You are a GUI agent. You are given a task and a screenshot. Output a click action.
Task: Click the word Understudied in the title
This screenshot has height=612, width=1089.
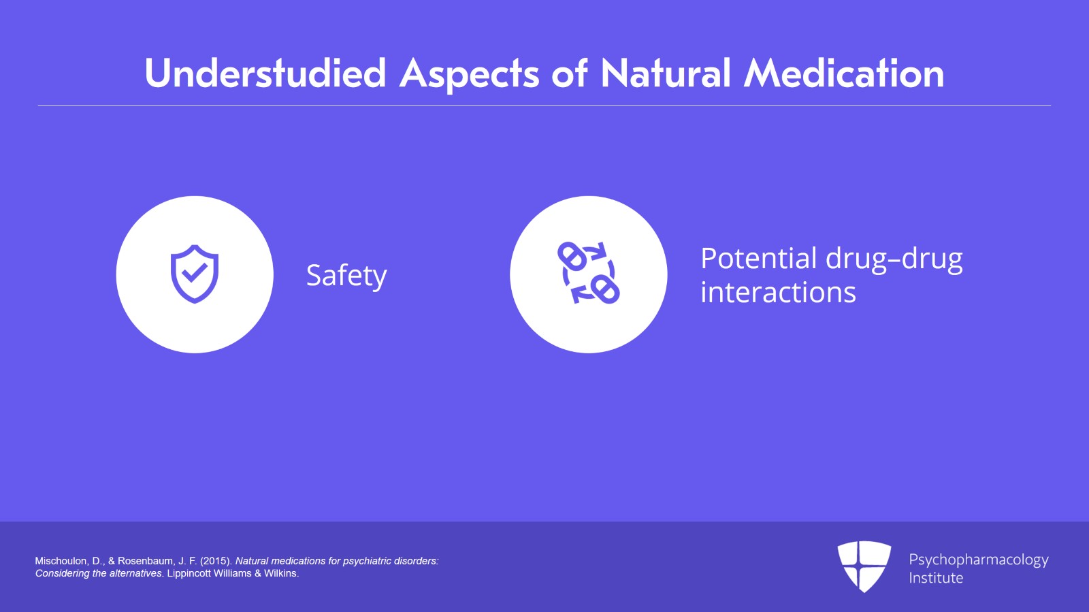265,74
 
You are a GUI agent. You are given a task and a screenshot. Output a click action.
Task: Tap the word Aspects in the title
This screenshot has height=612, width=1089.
469,75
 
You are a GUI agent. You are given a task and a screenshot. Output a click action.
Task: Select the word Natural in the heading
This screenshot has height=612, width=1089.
666,74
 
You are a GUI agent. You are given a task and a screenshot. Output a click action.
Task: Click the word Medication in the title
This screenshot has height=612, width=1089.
844,74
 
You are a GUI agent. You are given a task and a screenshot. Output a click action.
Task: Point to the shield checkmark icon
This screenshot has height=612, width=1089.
195,274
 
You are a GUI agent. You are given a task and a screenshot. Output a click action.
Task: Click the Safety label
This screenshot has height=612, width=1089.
346,276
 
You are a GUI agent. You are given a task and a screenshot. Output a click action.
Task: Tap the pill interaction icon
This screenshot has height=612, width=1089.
588,273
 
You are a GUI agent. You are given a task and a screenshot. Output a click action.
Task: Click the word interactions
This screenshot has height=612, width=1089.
778,293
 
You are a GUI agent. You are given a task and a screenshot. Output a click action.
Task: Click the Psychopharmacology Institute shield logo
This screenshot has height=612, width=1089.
864,566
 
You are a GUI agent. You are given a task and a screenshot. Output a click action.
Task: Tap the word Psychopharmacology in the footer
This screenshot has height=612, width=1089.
979,560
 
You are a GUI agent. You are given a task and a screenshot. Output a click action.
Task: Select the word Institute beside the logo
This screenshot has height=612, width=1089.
936,578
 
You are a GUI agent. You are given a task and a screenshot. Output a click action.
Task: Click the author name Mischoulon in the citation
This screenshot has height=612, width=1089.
61,561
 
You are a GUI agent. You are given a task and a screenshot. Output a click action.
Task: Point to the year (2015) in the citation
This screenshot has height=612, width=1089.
216,561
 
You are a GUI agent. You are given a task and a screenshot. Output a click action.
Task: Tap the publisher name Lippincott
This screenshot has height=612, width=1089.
189,574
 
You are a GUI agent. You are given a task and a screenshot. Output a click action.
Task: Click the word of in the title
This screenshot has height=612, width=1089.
570,74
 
